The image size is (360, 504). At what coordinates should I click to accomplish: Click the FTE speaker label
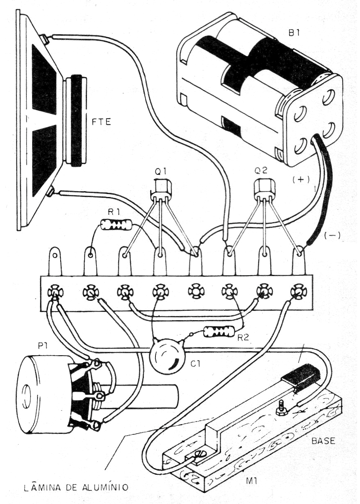pyautogui.click(x=101, y=122)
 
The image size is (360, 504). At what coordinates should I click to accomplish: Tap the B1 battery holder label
pyautogui.click(x=293, y=34)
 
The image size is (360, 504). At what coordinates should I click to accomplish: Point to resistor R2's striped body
pyautogui.click(x=219, y=332)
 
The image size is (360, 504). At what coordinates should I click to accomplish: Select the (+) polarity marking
pyautogui.click(x=301, y=180)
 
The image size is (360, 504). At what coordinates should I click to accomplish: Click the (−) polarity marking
pyautogui.click(x=332, y=236)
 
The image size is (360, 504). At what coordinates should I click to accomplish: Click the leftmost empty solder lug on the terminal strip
pyautogui.click(x=54, y=261)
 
